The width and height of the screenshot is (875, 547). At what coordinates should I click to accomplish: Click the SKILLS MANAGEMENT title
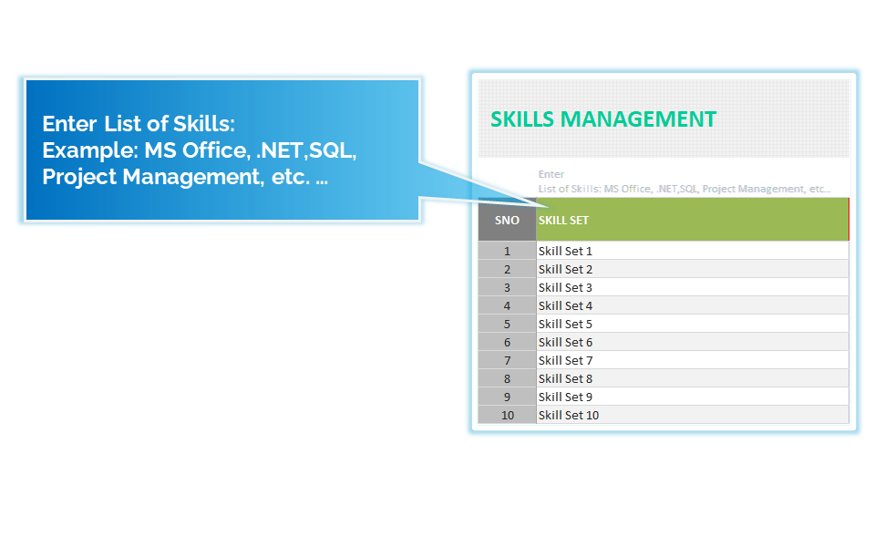[603, 119]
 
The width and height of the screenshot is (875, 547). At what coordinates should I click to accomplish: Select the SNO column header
[507, 220]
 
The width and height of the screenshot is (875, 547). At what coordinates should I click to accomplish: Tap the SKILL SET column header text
[563, 221]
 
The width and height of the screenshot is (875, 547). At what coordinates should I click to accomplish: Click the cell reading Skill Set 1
[692, 251]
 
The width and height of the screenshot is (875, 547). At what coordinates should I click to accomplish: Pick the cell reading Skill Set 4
[692, 305]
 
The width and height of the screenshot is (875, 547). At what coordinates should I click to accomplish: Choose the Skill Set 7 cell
[692, 360]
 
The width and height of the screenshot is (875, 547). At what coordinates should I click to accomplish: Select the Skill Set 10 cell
[692, 415]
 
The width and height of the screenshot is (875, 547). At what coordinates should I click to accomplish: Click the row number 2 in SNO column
[507, 269]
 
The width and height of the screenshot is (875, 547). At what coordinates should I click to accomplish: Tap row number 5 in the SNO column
[507, 324]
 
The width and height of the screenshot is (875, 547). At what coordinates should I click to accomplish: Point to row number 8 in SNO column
[507, 378]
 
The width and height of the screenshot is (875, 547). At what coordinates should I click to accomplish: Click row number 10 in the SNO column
[507, 415]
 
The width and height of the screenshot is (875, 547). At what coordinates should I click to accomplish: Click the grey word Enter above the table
[551, 174]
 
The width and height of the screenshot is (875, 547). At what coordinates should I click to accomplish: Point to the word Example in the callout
[90, 150]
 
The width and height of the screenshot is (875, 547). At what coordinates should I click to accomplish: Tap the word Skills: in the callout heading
[203, 123]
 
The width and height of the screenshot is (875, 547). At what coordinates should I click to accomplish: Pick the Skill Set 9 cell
[692, 397]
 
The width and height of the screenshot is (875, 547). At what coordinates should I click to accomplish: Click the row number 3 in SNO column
[507, 287]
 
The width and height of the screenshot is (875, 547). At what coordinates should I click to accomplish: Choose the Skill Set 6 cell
[692, 342]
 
